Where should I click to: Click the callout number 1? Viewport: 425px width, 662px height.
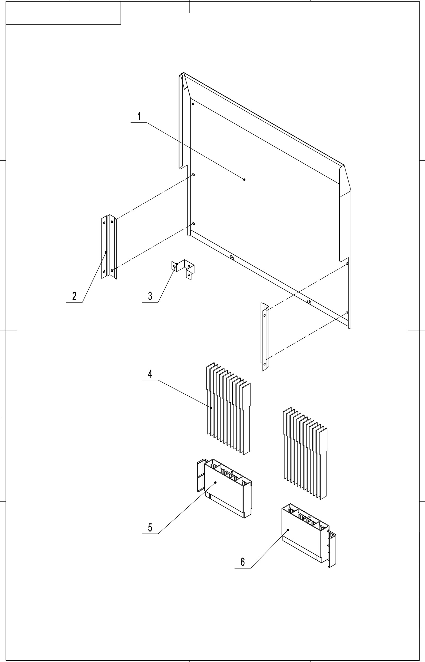point(139,117)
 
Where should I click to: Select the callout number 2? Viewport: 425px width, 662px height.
point(74,296)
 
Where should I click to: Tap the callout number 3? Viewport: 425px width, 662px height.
point(150,296)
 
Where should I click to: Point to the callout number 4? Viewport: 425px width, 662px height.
point(150,374)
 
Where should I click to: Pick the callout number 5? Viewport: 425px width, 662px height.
point(150,527)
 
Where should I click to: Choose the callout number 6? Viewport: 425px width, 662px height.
point(243,562)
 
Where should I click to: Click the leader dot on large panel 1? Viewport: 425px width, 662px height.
point(244,180)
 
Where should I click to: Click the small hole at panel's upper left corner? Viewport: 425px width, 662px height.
point(193,104)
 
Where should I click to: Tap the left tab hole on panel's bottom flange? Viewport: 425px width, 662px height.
point(232,257)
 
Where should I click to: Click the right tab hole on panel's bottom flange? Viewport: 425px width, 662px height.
point(309,302)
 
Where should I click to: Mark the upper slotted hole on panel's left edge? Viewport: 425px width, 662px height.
point(193,175)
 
